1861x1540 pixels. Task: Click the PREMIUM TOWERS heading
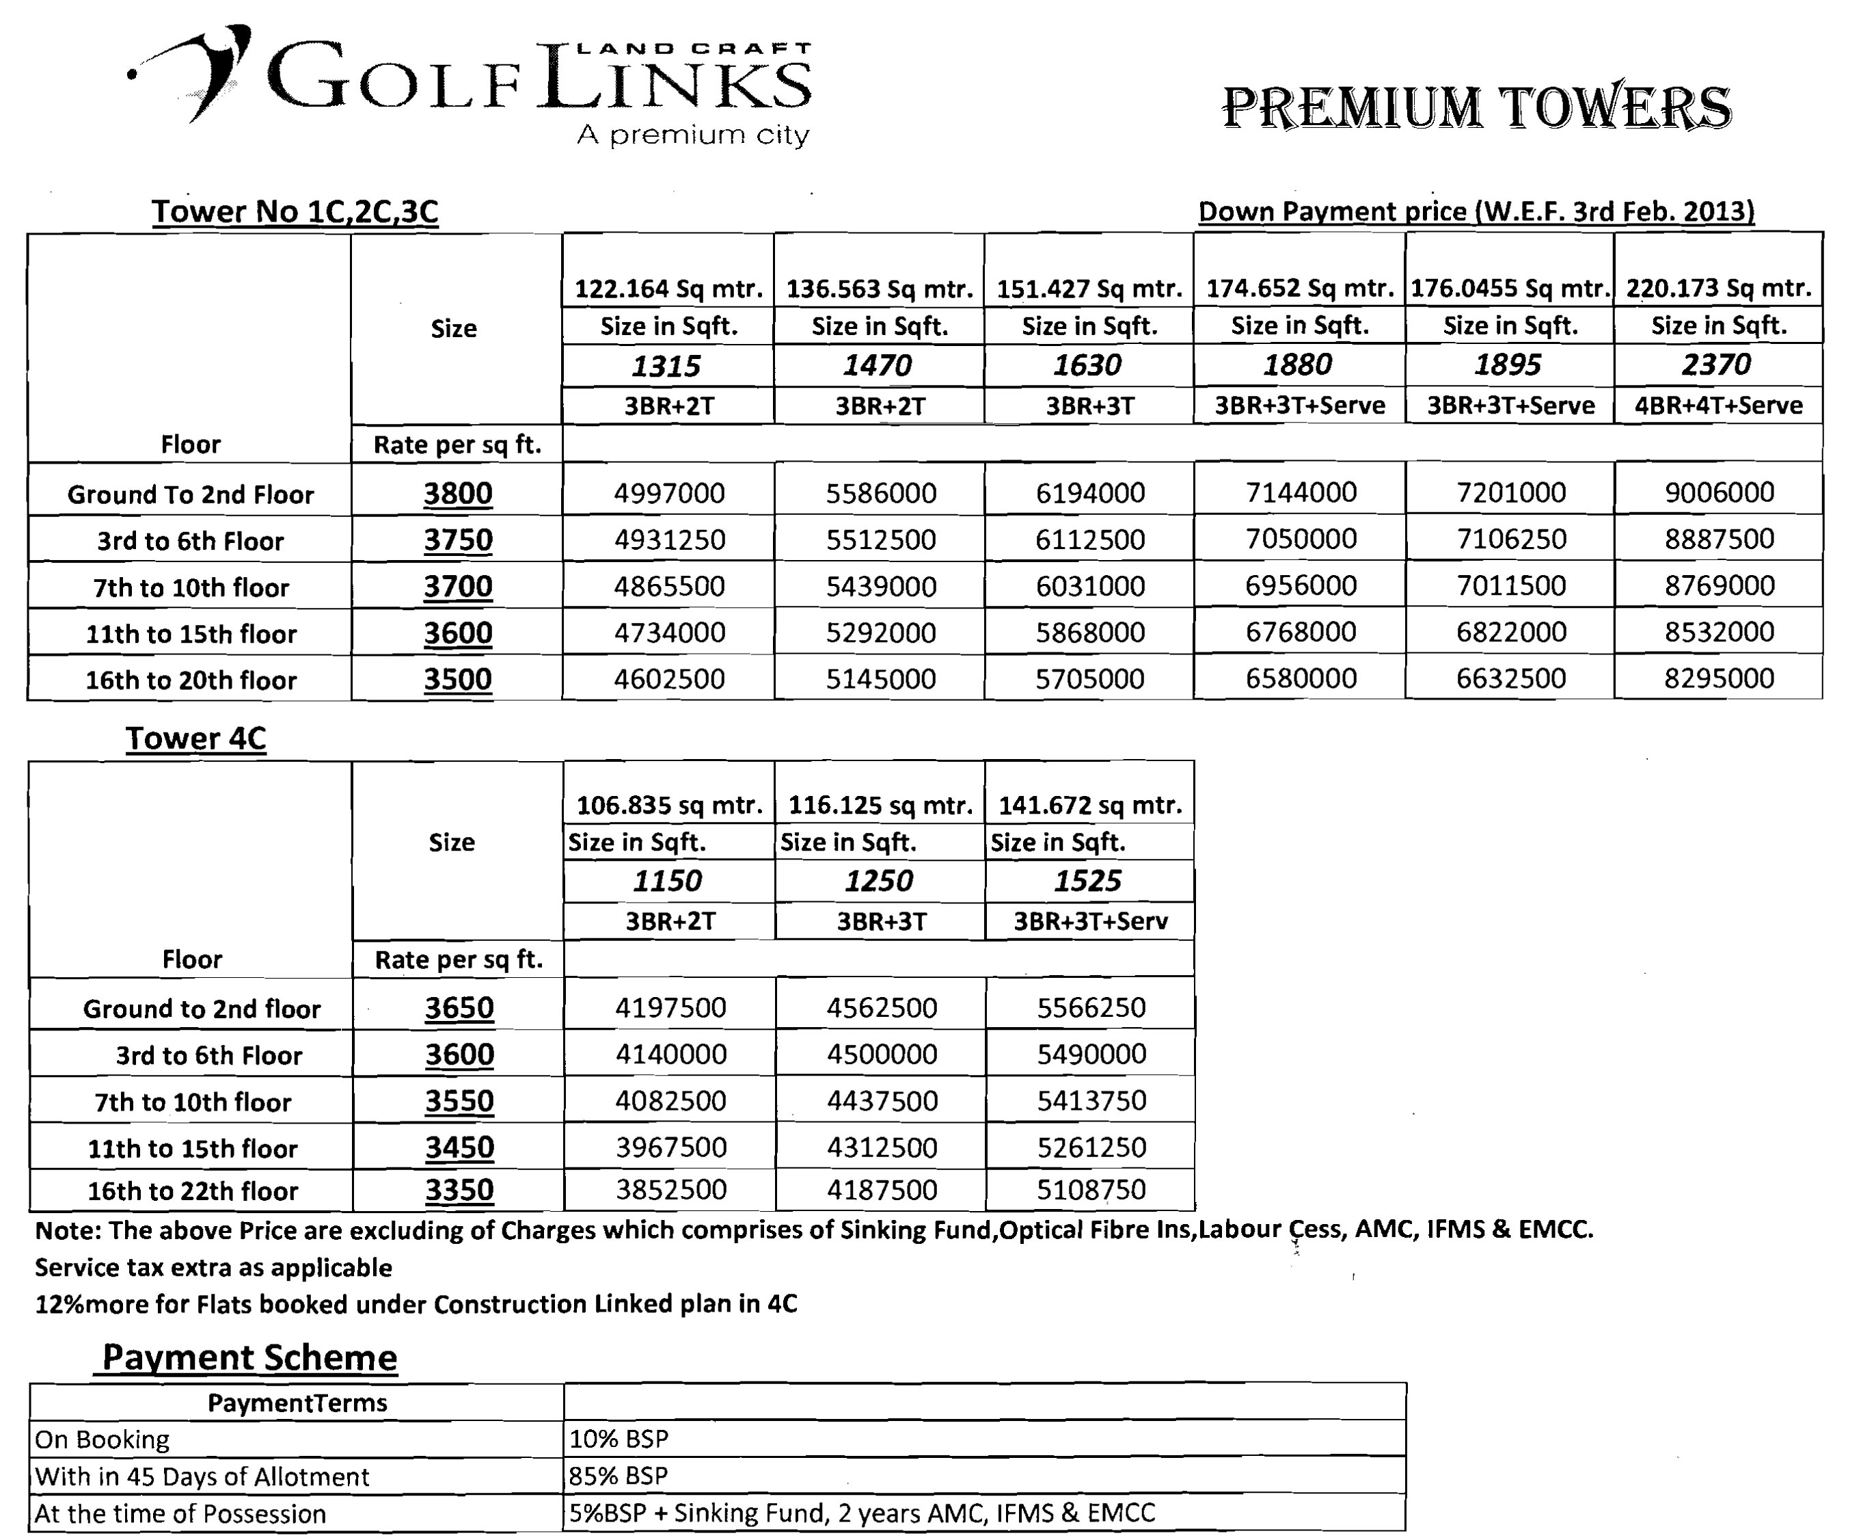[1476, 108]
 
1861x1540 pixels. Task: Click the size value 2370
[1717, 364]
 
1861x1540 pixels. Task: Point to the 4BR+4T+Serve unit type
[1718, 405]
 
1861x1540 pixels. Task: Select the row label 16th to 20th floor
[191, 680]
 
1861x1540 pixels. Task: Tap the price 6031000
[1090, 586]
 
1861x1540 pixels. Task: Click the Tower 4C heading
[196, 739]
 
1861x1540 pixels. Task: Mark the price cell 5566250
[1091, 1007]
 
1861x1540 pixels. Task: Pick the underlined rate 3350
[459, 1190]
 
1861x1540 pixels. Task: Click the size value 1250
[878, 880]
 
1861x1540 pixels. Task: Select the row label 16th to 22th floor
[192, 1191]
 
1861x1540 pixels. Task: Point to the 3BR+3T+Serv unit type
[1090, 921]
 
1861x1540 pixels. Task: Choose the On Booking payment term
[102, 1439]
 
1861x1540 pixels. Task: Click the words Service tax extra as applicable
[213, 1268]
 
